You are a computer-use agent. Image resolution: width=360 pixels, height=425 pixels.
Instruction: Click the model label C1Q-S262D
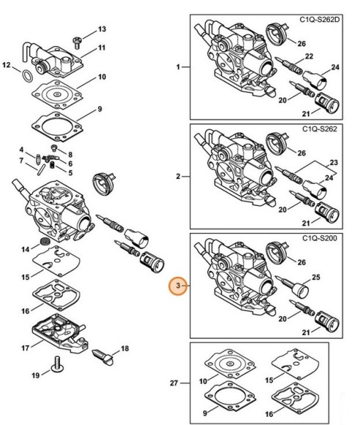tap(319, 20)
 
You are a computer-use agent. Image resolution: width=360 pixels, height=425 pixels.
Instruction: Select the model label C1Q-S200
tap(320, 238)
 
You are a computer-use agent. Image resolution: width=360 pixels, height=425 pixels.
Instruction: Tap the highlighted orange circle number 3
tap(178, 286)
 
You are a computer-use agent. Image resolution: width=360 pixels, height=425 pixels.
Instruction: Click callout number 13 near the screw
tap(102, 29)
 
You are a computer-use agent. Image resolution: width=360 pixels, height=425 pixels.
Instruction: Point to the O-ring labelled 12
tap(27, 75)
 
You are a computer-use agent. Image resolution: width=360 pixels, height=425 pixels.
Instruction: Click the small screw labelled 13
tap(76, 42)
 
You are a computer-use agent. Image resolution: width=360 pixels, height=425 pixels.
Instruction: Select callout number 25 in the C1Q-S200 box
tap(316, 277)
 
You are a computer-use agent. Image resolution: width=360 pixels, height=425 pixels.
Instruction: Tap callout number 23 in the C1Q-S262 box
tap(334, 163)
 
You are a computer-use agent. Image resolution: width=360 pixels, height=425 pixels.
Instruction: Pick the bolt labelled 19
tap(58, 364)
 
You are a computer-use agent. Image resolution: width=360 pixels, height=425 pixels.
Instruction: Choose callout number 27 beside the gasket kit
tap(174, 383)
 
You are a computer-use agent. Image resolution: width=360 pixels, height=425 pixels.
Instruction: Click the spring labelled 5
tap(53, 165)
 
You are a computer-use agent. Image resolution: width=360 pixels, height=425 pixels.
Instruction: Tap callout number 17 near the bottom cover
tap(25, 348)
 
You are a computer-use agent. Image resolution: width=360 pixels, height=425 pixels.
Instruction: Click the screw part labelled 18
tap(103, 358)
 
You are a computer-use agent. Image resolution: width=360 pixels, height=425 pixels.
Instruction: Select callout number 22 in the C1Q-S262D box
tap(309, 56)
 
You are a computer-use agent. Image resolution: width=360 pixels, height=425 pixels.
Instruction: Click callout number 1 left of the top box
tap(178, 67)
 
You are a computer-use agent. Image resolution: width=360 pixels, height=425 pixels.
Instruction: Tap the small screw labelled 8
tap(54, 148)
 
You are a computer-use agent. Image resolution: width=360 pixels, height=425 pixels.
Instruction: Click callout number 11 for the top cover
tap(101, 48)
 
